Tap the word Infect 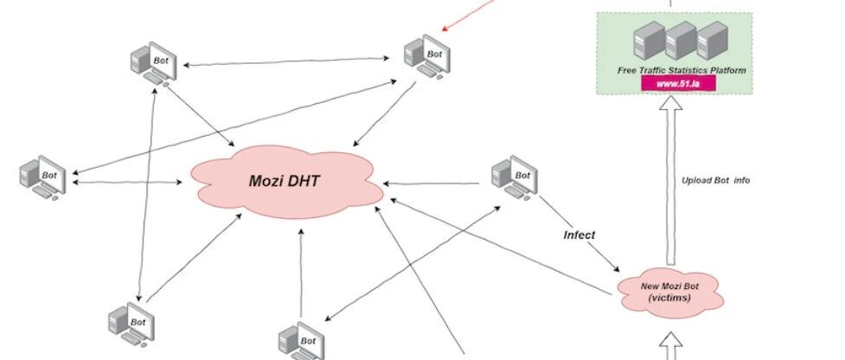(x=579, y=235)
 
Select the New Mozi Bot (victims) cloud (x=669, y=292)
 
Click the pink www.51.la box (x=678, y=84)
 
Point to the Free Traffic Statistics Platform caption (x=682, y=70)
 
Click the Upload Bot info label (x=715, y=181)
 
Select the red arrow (x=468, y=14)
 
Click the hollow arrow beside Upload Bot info (x=671, y=181)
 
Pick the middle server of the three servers (x=681, y=40)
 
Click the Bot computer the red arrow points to (x=427, y=56)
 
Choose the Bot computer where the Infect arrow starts (x=514, y=177)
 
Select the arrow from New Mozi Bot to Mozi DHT (x=501, y=247)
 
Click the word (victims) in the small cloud (x=669, y=298)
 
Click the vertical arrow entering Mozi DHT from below (x=301, y=273)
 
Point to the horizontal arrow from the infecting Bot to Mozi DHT (x=431, y=183)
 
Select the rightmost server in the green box (x=713, y=40)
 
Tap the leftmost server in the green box (x=649, y=40)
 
